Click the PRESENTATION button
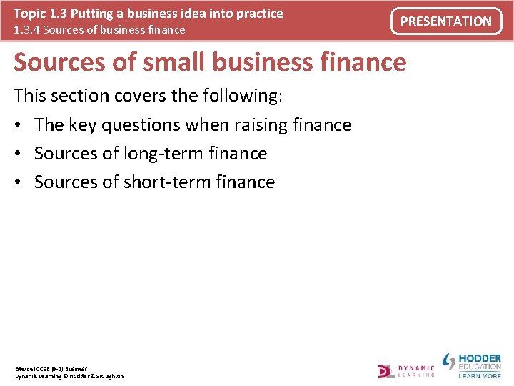[446, 21]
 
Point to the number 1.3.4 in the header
[27, 30]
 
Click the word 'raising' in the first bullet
[261, 125]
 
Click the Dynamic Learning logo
[406, 370]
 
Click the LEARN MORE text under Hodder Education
[480, 375]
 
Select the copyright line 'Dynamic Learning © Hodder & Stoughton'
[69, 376]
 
